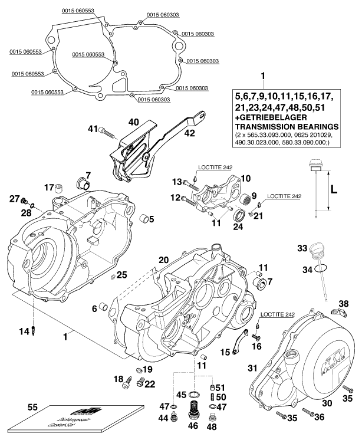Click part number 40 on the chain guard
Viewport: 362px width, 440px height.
point(134,122)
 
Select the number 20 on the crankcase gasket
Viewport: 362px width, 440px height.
point(163,260)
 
